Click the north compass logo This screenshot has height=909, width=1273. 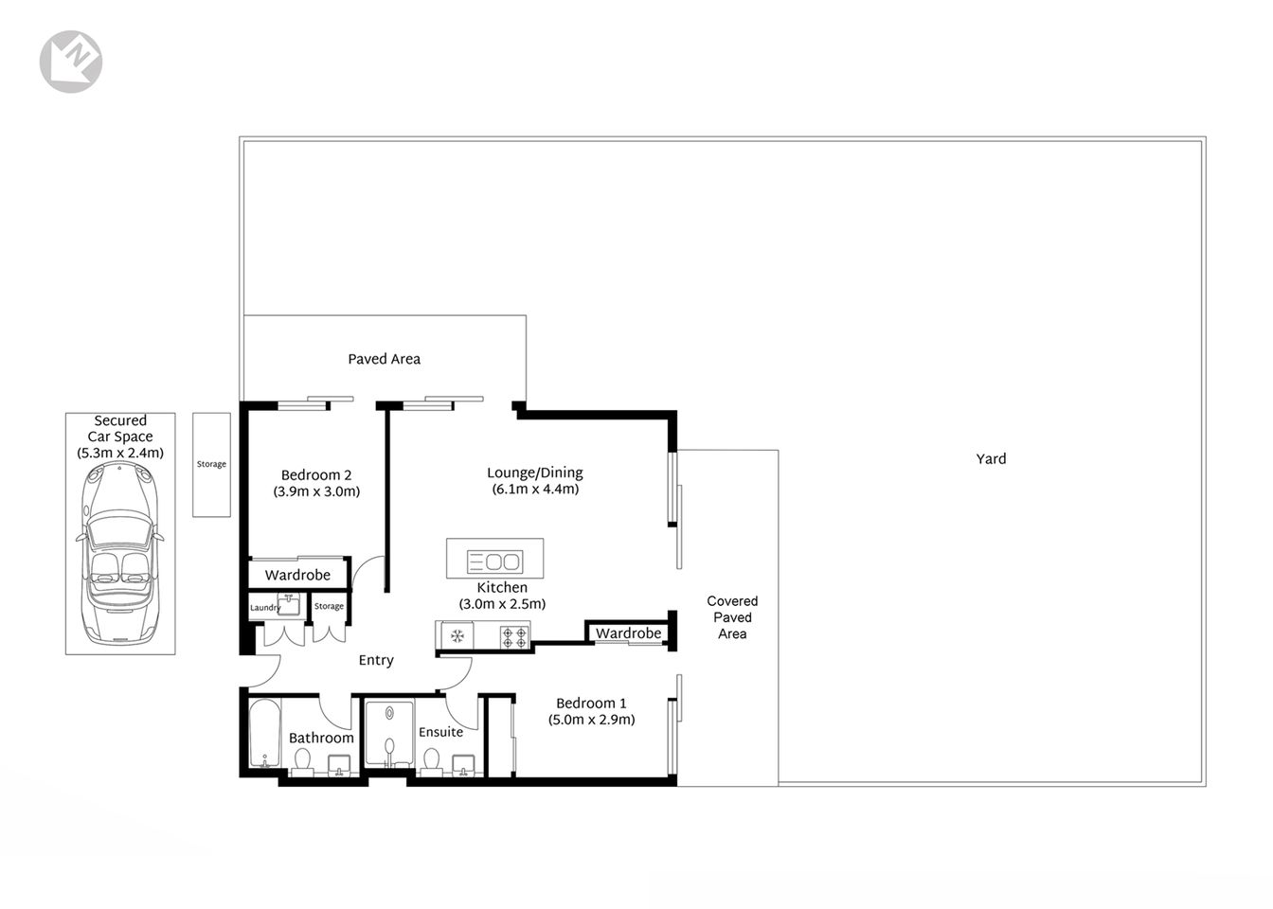click(x=71, y=62)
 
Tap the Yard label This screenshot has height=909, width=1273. click(x=991, y=459)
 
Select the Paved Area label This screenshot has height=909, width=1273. click(x=384, y=359)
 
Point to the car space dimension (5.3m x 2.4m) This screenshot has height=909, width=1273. click(x=120, y=454)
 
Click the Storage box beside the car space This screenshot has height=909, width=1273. click(x=211, y=464)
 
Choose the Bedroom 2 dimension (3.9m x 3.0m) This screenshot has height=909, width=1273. click(x=316, y=492)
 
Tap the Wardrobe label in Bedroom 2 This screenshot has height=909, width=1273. click(x=297, y=575)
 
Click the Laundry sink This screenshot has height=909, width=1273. click(x=288, y=605)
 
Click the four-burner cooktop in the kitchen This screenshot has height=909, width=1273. click(x=514, y=636)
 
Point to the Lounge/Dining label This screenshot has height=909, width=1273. click(x=535, y=473)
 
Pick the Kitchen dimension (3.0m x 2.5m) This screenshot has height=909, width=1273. click(x=502, y=604)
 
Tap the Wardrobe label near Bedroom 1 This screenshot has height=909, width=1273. click(x=628, y=633)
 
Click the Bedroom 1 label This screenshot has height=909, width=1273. click(x=591, y=704)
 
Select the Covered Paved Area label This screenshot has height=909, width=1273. click(x=732, y=617)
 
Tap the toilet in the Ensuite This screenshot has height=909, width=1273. click(x=431, y=759)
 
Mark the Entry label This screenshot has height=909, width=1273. click(x=376, y=661)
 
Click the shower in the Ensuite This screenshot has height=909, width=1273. click(x=389, y=734)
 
